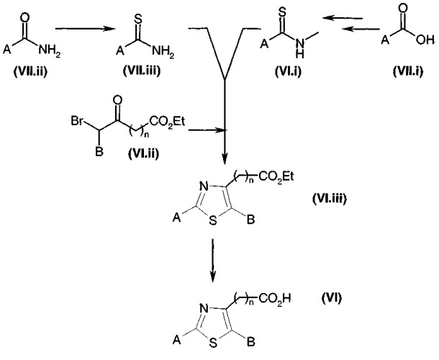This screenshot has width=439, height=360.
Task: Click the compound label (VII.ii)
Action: pos(30,71)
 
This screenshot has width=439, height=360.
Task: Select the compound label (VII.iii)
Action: pos(142,71)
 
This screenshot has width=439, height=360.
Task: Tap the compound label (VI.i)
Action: pos(288,71)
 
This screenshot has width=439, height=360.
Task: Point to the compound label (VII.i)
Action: pos(408,71)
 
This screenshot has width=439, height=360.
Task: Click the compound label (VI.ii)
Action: pos(143,153)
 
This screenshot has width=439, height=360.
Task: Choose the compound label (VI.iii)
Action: pos(330,199)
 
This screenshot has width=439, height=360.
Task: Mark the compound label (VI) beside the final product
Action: pos(332,298)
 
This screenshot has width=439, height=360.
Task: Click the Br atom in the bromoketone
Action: pos(77,121)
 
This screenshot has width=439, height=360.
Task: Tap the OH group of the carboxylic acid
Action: pos(425,40)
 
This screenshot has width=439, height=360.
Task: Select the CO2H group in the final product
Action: pos(274,299)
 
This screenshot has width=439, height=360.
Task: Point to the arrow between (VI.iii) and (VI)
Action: pos(213,261)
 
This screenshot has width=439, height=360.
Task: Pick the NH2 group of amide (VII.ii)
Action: pos(49,50)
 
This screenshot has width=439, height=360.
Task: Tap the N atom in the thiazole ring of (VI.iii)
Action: pos(204,187)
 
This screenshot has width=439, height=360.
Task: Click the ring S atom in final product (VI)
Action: pos(213,343)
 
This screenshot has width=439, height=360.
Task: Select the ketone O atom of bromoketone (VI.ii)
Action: pos(118,101)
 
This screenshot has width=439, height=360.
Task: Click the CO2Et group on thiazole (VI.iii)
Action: pos(276,177)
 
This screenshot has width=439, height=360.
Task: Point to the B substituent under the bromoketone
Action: pos(99,152)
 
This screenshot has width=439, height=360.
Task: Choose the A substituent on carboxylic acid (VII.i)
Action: pos(385,40)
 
